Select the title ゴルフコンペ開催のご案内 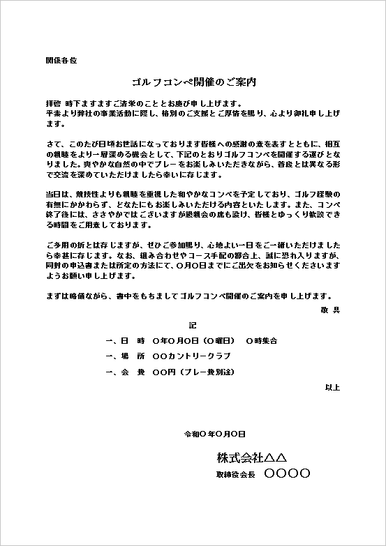pos(193,82)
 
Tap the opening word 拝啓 pos(52,102)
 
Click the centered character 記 pos(193,325)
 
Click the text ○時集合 pos(262,341)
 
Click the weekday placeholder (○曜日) pos(218,341)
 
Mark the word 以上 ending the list pos(332,387)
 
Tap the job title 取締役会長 pos(237,474)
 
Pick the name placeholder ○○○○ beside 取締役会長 pos(288,473)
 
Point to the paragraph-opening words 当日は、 pos(57,192)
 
